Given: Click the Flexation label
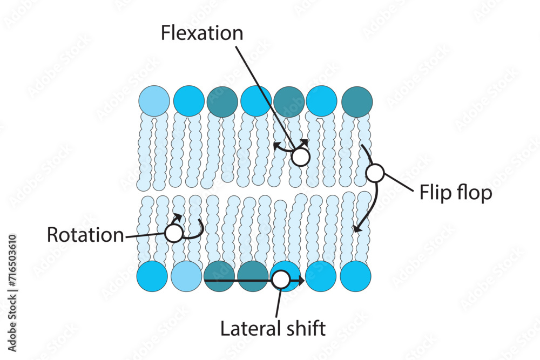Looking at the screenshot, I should (202, 33).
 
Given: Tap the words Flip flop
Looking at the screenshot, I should (456, 193).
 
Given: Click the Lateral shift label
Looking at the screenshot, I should (273, 328).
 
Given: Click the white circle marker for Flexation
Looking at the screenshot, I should (300, 157).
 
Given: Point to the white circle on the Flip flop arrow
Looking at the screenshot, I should (375, 173).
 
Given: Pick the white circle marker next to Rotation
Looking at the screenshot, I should (173, 234).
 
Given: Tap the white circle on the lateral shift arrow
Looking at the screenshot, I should (280, 280).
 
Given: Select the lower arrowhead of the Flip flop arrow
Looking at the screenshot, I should (356, 229).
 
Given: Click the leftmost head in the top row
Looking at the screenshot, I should (154, 101).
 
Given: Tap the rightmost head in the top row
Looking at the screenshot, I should (356, 101).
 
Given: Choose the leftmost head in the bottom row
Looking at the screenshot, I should (152, 276).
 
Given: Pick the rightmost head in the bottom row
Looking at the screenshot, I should (355, 276).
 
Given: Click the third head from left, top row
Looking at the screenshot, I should (222, 101).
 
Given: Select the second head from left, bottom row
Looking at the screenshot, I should (186, 276).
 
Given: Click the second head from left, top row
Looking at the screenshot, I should (188, 101).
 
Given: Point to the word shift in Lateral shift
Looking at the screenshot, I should (305, 328).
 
